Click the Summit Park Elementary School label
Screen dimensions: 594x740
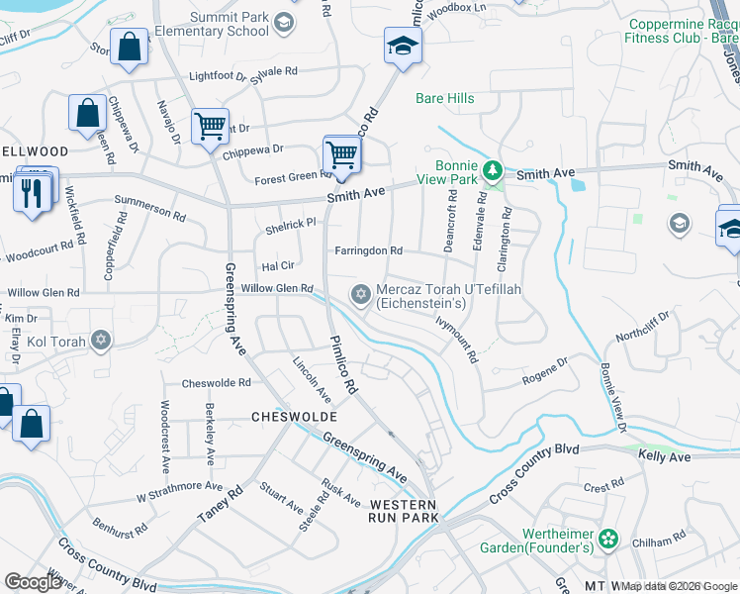[206, 23]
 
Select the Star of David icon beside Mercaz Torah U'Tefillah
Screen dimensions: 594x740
[361, 295]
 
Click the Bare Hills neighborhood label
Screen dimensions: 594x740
[445, 98]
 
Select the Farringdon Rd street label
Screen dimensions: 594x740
[368, 251]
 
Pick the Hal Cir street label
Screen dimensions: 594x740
[277, 266]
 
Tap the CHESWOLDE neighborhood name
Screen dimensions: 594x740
[295, 417]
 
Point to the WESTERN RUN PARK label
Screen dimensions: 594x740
[375, 510]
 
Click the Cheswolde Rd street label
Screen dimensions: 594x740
[216, 383]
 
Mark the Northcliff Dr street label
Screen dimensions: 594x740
[642, 327]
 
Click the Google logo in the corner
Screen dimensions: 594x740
[34, 582]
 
